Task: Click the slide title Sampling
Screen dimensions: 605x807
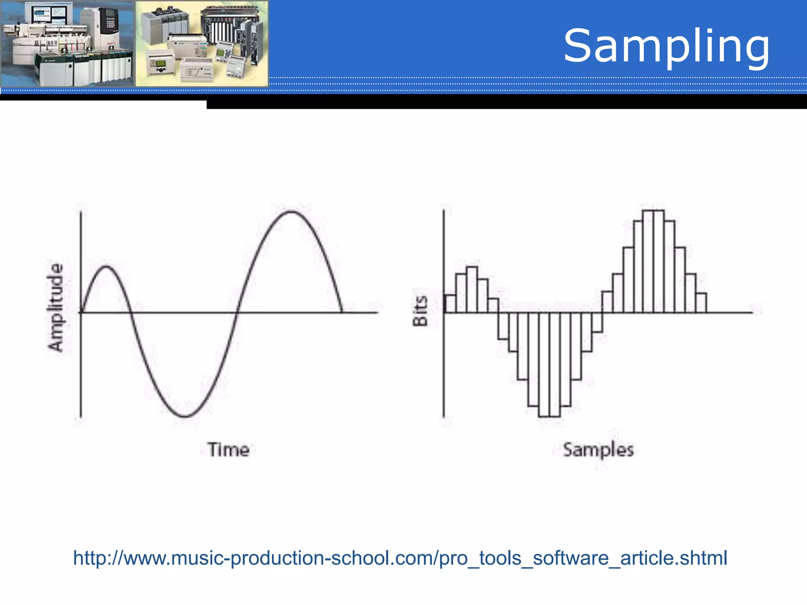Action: pyautogui.click(x=666, y=46)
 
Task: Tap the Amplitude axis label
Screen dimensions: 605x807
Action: pyautogui.click(x=55, y=307)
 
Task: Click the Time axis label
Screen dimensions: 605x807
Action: pyautogui.click(x=229, y=449)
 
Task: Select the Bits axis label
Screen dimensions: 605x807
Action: pyautogui.click(x=420, y=311)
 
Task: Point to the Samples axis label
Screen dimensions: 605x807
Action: pyautogui.click(x=598, y=449)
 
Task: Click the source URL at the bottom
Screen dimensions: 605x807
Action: pyautogui.click(x=400, y=558)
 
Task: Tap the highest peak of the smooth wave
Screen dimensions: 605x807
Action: pyautogui.click(x=291, y=212)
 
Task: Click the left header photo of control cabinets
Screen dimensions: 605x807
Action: pyautogui.click(x=67, y=43)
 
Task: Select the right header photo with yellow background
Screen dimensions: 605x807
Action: pyautogui.click(x=202, y=43)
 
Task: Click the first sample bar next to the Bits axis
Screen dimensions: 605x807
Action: pyautogui.click(x=450, y=304)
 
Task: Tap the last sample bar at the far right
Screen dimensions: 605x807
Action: pyautogui.click(x=701, y=303)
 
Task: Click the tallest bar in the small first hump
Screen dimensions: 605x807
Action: pyautogui.click(x=472, y=290)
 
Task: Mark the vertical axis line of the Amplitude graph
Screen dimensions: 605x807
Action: pyautogui.click(x=81, y=354)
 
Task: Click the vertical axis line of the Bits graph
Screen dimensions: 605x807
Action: pyautogui.click(x=444, y=374)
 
